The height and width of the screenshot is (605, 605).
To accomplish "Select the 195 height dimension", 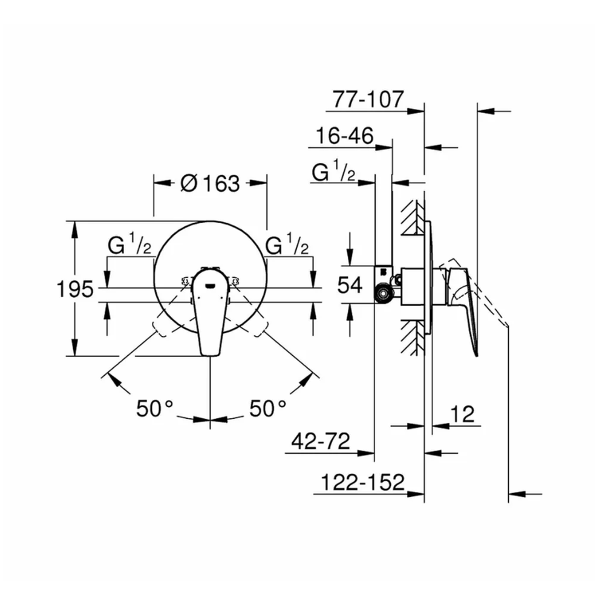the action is click(75, 289).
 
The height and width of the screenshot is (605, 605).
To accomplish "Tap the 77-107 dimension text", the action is click(368, 99).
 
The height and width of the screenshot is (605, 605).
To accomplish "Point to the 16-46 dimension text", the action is click(345, 136).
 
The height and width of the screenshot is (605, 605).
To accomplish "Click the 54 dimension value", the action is click(350, 286).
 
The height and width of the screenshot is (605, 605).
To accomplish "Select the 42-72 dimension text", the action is click(321, 441).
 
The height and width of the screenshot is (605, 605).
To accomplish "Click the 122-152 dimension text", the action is click(362, 482).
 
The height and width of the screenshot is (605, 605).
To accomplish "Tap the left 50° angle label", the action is click(155, 408).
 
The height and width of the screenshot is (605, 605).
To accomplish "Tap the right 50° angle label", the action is click(268, 408).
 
